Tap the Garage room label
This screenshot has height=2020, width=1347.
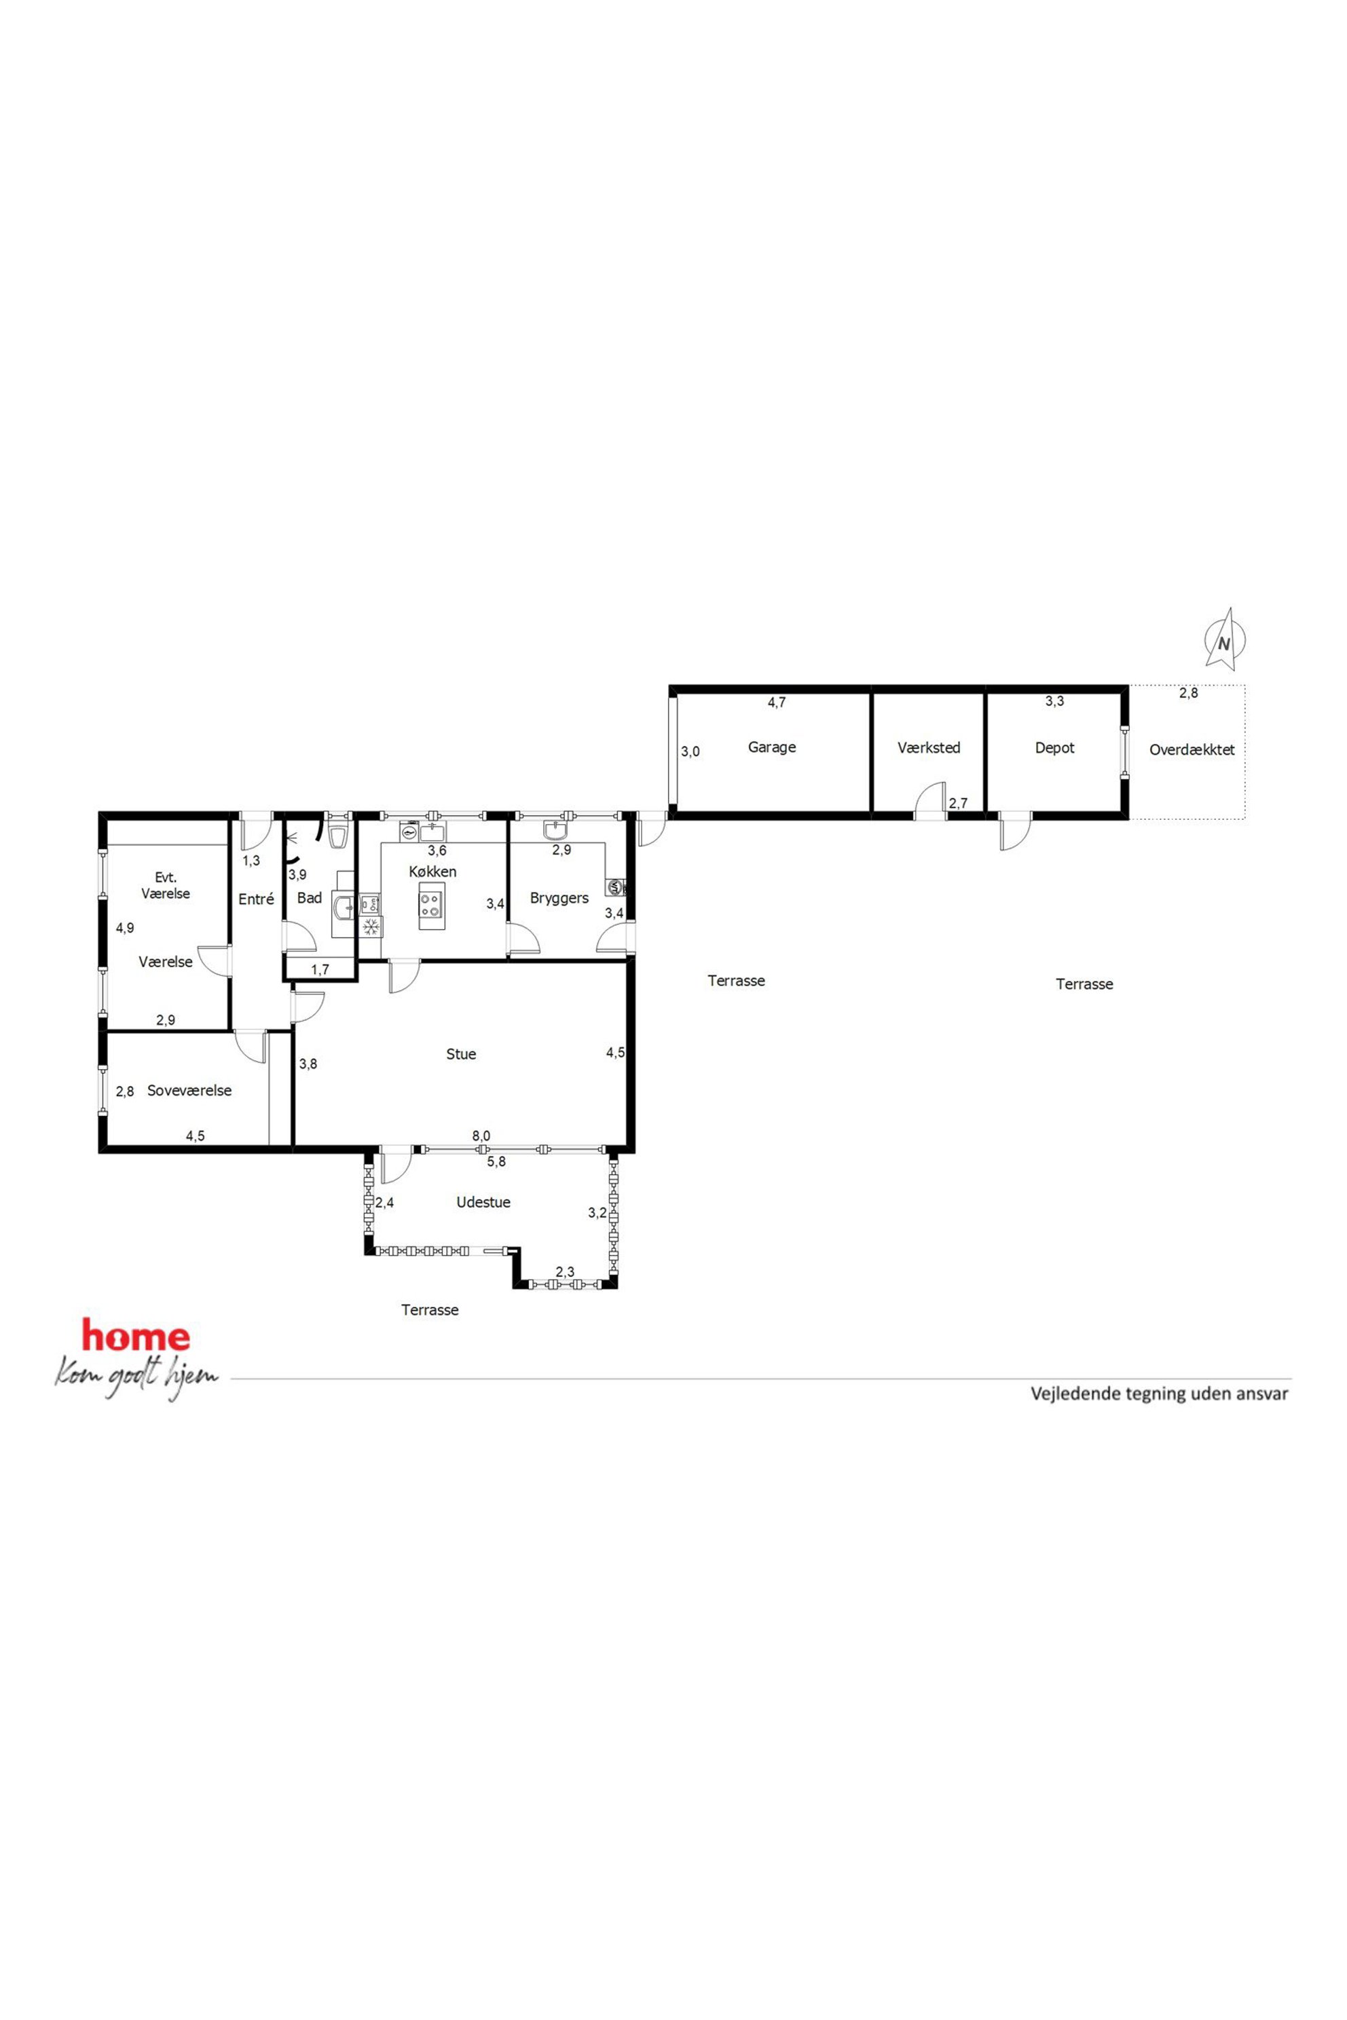click(x=771, y=747)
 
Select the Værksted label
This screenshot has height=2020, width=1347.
click(x=929, y=748)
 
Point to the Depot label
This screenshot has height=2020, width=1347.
click(x=1054, y=748)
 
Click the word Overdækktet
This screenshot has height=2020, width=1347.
click(x=1192, y=750)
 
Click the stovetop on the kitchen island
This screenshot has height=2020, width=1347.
click(x=431, y=904)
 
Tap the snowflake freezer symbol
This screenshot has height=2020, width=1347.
click(x=371, y=927)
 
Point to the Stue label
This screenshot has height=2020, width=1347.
click(x=460, y=1054)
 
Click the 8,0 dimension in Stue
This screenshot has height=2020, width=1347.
click(x=481, y=1136)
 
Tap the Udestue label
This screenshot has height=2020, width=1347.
click(x=483, y=1202)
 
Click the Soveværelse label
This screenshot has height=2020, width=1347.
click(x=189, y=1091)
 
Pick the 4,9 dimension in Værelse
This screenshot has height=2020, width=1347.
click(x=126, y=928)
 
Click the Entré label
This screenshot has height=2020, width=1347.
click(x=256, y=899)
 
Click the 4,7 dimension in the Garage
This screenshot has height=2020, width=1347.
click(x=777, y=703)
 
